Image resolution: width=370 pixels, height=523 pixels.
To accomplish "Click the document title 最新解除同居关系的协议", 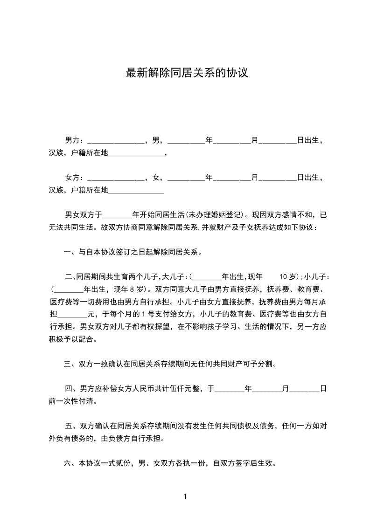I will (186, 73).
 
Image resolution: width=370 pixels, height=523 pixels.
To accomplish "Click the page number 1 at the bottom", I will (185, 496).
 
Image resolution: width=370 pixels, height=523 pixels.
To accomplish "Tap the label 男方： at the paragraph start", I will (75, 140).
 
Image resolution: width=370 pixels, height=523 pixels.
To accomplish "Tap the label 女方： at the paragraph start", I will (75, 178).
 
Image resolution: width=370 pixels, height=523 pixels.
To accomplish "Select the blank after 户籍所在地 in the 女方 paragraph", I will (136, 191).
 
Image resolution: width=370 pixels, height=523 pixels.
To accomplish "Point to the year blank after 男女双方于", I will (117, 216).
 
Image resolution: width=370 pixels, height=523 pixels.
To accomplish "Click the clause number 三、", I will (70, 364).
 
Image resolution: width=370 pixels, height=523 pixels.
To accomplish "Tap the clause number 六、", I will (70, 464).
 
